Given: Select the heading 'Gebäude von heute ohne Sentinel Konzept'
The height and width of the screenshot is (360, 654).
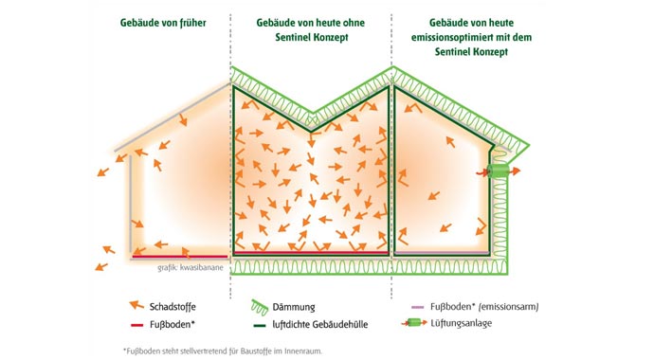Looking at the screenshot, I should [x=311, y=28].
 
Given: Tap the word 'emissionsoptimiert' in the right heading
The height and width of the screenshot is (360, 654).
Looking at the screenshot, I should [x=471, y=37].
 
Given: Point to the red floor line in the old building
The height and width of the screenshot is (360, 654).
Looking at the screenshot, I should [x=180, y=256].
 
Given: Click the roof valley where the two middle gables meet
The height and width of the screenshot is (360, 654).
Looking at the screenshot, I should [x=312, y=110].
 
